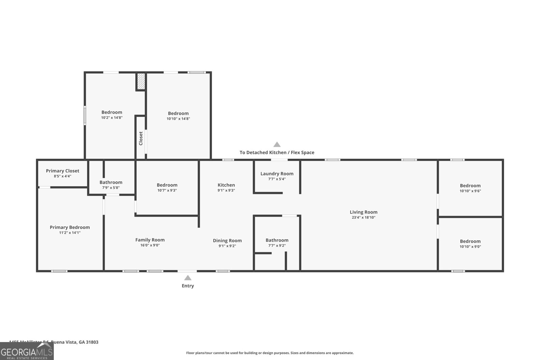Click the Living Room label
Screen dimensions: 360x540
tap(363, 212)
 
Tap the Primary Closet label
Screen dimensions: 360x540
tap(62, 171)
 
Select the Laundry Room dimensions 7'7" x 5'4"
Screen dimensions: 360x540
tap(277, 179)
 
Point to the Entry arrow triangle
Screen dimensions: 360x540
tap(188, 278)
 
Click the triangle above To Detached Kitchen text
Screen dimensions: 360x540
tap(277, 145)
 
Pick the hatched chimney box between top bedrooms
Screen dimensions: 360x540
tap(141, 82)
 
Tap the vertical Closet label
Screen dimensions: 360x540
tap(141, 138)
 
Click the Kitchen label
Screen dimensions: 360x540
tap(226, 185)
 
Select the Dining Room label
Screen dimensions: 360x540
tap(227, 241)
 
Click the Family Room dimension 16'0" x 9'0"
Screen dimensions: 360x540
tap(150, 246)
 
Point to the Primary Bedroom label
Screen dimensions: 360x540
tap(70, 227)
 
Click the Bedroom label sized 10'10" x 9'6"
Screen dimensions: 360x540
tap(470, 186)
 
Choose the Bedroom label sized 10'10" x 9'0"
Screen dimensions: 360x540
tap(470, 241)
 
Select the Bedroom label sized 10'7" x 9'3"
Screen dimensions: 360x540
tap(167, 185)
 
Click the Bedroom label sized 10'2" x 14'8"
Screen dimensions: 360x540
tap(112, 112)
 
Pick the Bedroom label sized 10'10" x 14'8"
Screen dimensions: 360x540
tap(178, 113)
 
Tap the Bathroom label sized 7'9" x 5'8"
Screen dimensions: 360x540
tap(111, 182)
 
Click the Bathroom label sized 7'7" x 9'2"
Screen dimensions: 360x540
tap(277, 240)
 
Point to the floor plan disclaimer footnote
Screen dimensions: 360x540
tap(270, 353)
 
